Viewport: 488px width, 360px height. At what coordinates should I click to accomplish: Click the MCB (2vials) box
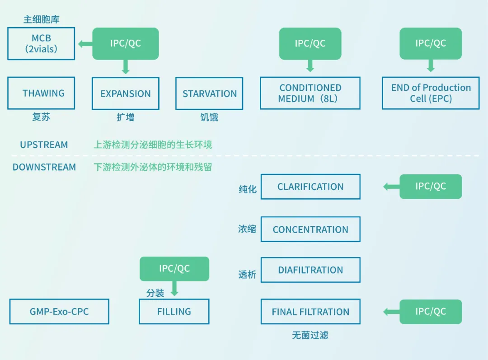(x=41, y=43)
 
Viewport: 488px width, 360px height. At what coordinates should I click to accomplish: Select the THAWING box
(x=41, y=93)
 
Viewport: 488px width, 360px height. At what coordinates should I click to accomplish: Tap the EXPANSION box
(x=126, y=94)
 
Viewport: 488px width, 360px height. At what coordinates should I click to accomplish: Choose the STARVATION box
(x=209, y=94)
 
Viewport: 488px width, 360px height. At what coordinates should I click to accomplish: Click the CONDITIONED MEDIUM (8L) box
(x=310, y=93)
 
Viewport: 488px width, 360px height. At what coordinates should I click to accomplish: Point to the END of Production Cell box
(x=431, y=93)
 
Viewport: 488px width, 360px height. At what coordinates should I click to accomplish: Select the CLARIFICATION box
(x=310, y=187)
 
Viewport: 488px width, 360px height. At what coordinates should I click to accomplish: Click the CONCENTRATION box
(x=310, y=229)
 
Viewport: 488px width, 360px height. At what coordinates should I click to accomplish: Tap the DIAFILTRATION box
(x=310, y=270)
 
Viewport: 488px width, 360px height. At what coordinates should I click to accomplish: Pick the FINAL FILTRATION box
(x=310, y=312)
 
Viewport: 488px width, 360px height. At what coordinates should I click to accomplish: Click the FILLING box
(x=174, y=312)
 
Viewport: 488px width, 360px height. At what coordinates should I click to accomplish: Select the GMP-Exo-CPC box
(x=59, y=312)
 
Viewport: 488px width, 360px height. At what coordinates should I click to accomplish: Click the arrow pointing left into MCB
(x=85, y=44)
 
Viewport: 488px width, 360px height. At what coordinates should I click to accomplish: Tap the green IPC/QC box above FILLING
(x=174, y=269)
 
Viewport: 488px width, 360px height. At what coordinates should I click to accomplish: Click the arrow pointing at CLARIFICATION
(x=391, y=187)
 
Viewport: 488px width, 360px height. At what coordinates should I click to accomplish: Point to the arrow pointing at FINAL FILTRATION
(x=391, y=312)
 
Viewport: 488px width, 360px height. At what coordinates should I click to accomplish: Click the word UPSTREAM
(x=44, y=145)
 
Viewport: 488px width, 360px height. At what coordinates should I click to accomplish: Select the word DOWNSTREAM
(x=44, y=167)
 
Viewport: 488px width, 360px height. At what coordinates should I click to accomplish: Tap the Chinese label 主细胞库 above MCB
(x=42, y=19)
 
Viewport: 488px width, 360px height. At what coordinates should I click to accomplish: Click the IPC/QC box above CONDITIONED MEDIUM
(x=310, y=43)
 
